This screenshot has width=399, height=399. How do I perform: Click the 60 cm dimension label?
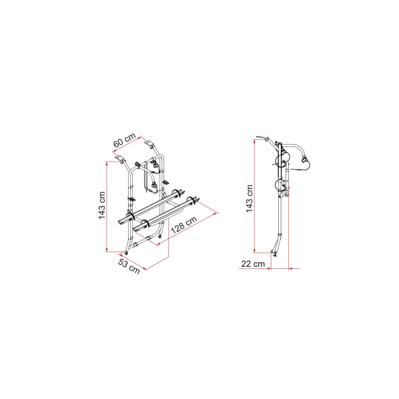pyautogui.click(x=124, y=140)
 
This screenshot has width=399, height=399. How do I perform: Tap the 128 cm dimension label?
pyautogui.click(x=184, y=225)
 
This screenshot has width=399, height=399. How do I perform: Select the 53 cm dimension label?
pyautogui.click(x=129, y=266)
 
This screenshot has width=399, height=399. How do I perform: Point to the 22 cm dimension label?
pyautogui.click(x=253, y=264)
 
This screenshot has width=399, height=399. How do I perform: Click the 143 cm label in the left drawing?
pyautogui.click(x=102, y=205)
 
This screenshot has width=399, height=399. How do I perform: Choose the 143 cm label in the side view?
pyautogui.click(x=249, y=199)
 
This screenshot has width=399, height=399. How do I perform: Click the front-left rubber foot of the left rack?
pyautogui.click(x=127, y=253)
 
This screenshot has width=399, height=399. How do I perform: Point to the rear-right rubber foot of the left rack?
pyautogui.click(x=160, y=236)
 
